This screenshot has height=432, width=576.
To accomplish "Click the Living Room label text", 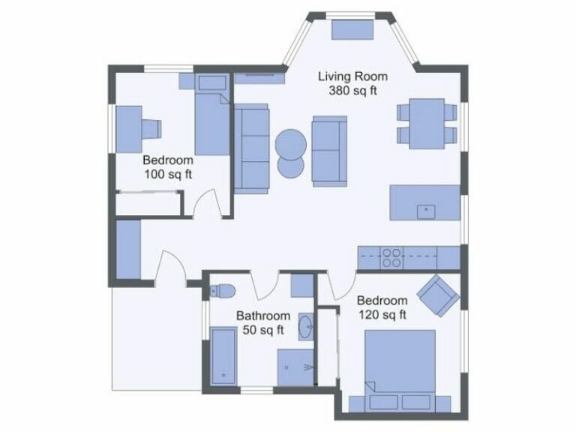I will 352,76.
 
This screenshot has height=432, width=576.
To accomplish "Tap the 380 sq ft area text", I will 352,91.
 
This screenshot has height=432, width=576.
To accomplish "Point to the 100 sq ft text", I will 168,174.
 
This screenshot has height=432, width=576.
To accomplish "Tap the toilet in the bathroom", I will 223,290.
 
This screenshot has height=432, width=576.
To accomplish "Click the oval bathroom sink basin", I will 306,327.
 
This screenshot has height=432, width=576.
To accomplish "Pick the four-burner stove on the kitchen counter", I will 391,257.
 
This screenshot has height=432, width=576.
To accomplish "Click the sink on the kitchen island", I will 426,211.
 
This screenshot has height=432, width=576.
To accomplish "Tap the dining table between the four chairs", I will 427,123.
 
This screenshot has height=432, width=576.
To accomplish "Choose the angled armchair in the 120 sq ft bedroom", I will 438,295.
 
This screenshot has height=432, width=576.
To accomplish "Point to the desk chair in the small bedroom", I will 152,129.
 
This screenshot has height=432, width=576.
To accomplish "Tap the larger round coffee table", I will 290,142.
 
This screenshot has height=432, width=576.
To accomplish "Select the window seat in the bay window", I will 352,29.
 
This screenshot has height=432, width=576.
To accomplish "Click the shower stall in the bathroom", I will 295,367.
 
